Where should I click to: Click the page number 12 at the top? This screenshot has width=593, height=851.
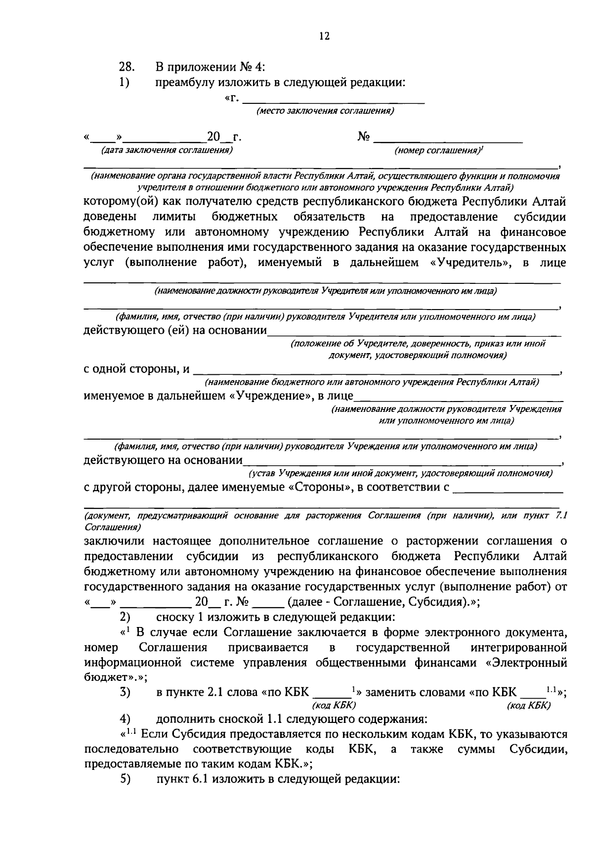(x=325, y=36)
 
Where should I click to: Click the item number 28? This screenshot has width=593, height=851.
(x=126, y=67)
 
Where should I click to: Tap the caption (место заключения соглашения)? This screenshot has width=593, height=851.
(x=325, y=111)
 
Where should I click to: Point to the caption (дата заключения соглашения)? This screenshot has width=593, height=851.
(x=167, y=149)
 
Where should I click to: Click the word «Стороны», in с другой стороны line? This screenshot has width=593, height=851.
(x=316, y=488)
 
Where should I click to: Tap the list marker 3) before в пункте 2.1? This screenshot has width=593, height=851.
(x=125, y=692)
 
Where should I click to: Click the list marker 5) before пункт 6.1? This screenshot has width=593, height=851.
(x=125, y=779)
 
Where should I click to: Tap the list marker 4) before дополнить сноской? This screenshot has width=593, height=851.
(x=125, y=718)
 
